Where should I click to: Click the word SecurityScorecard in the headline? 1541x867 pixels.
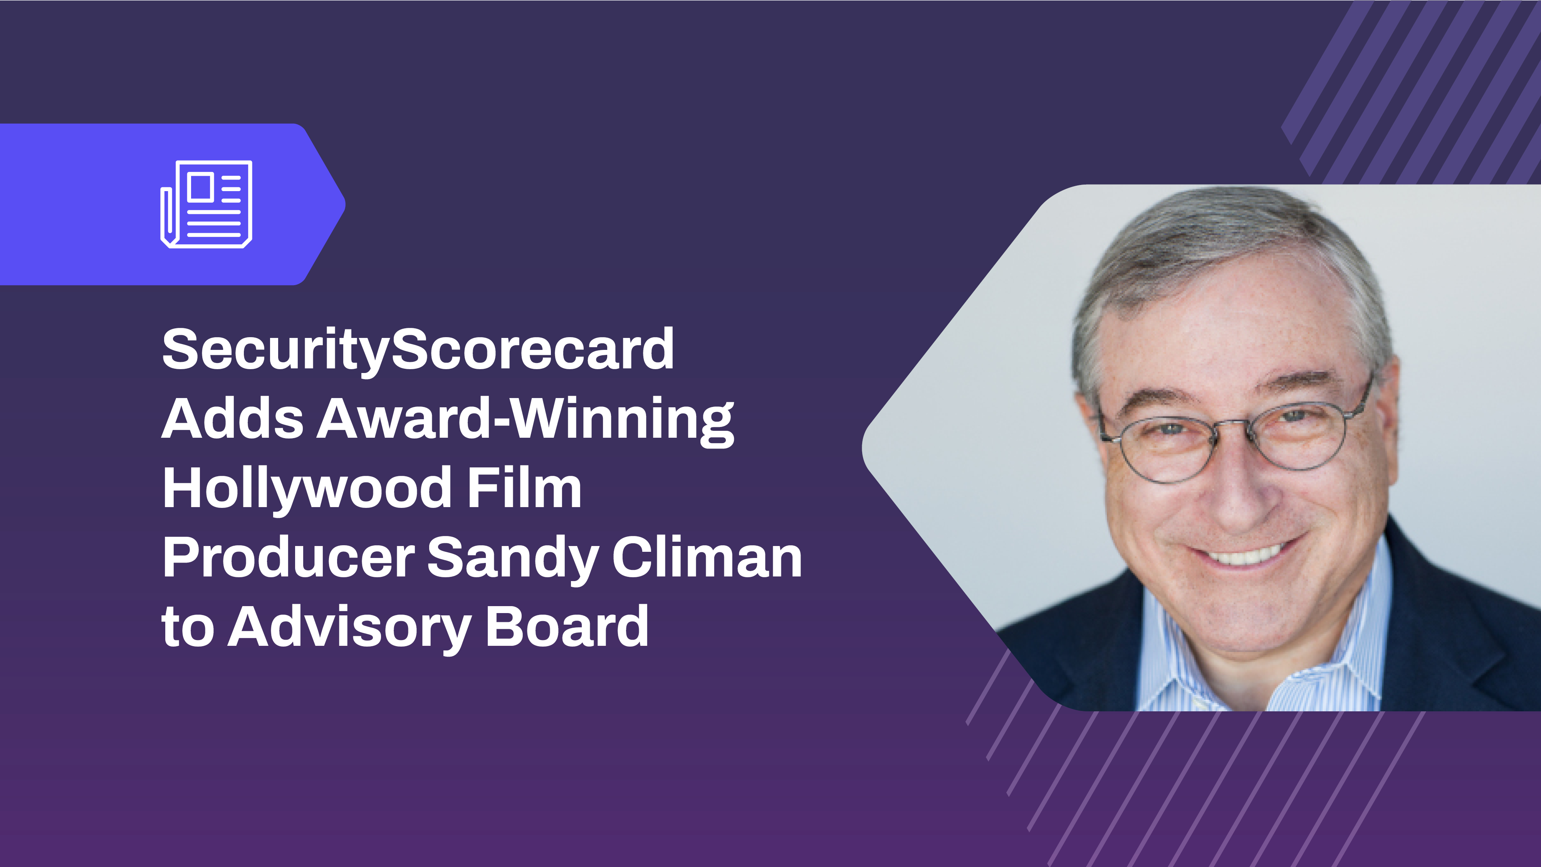point(418,350)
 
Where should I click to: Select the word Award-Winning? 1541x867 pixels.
point(525,421)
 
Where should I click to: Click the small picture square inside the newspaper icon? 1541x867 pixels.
point(200,186)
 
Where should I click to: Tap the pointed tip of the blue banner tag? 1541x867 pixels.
point(345,204)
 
